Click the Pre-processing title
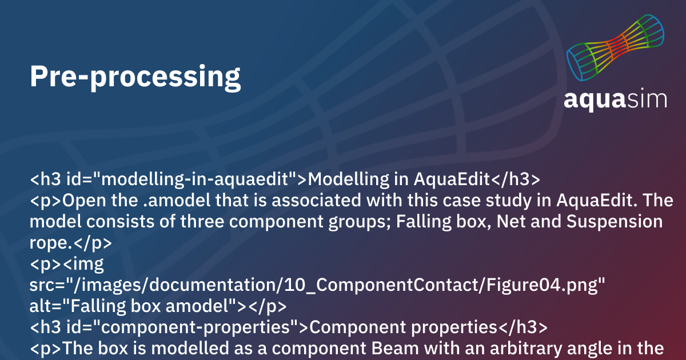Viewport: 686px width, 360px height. [135, 77]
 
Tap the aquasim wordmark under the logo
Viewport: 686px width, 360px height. [615, 99]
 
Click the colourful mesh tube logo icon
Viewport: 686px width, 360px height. [615, 47]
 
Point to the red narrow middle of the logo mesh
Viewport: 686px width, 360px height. [616, 46]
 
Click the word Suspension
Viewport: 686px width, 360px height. [615, 222]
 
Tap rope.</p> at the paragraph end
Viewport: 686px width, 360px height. [71, 243]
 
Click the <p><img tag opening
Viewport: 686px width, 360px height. [67, 264]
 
